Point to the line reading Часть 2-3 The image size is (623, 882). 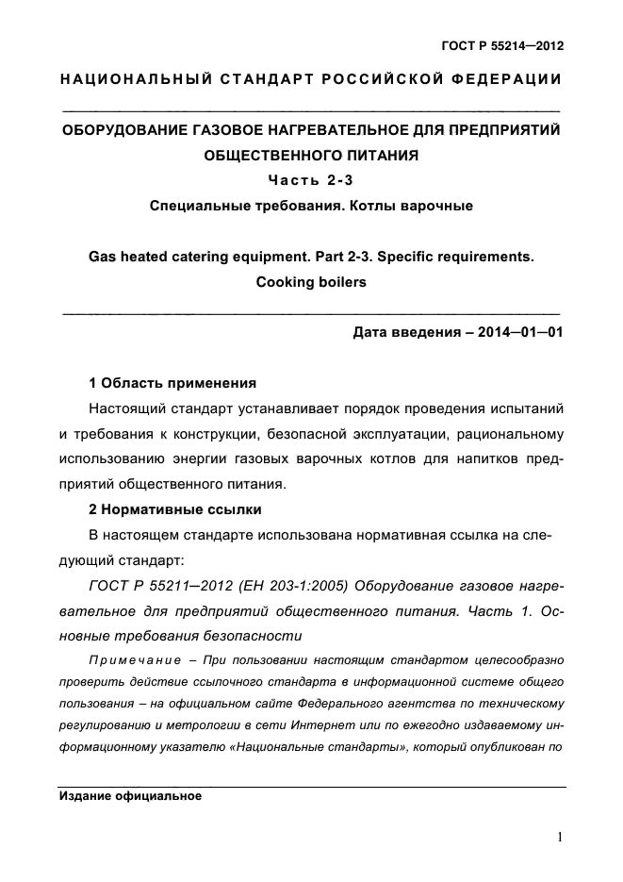[311, 179]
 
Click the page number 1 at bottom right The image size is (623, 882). [560, 837]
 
